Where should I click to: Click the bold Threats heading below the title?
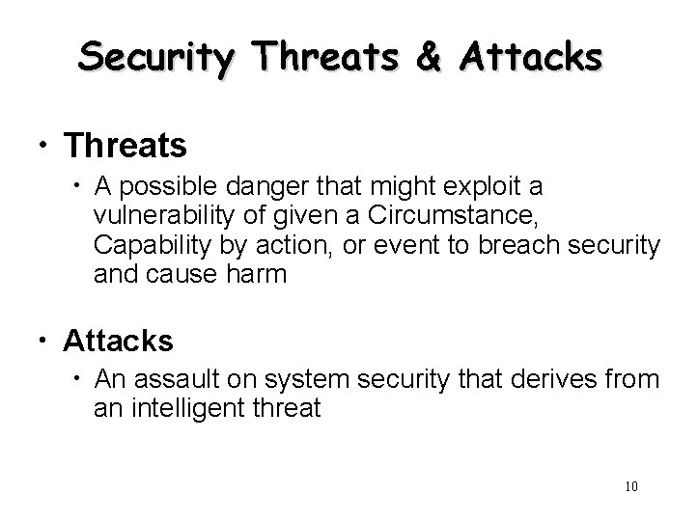point(125,146)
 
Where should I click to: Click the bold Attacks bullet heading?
point(118,341)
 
